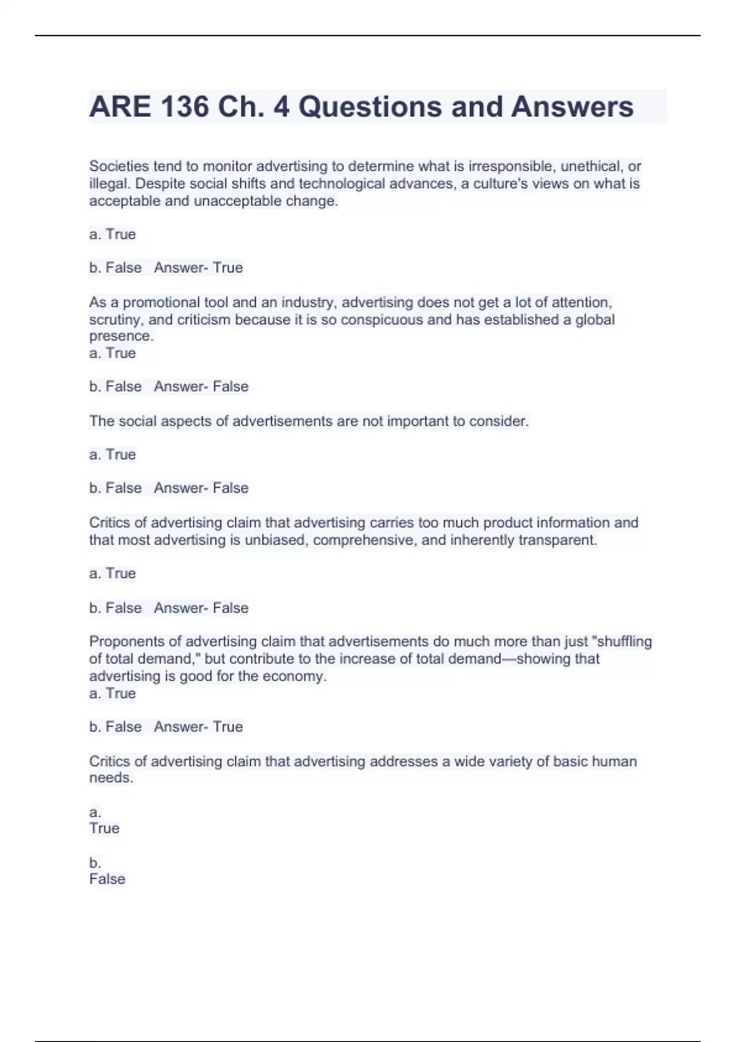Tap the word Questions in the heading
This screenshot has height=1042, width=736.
pyautogui.click(x=370, y=107)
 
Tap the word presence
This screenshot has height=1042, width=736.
pyautogui.click(x=121, y=336)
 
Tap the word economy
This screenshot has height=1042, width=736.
pyautogui.click(x=294, y=676)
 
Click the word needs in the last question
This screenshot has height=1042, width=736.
pyautogui.click(x=110, y=778)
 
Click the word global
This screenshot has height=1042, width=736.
pyautogui.click(x=595, y=319)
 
